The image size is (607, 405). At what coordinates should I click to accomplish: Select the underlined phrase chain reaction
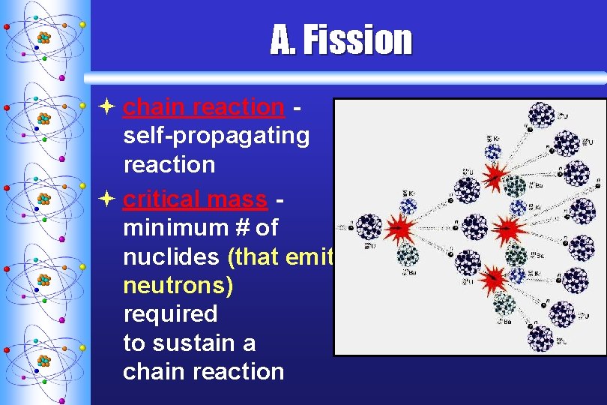(203, 107)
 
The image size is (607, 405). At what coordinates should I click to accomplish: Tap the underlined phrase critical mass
(195, 199)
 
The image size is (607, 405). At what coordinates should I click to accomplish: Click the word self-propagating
(216, 136)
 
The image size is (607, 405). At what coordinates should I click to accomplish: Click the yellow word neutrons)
(178, 285)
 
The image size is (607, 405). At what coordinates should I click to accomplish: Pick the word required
(170, 313)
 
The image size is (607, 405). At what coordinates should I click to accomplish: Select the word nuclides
(172, 256)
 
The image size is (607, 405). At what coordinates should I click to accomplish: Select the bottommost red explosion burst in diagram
(494, 280)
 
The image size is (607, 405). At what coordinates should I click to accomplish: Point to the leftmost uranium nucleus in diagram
(368, 226)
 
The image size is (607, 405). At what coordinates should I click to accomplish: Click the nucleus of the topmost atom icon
(44, 37)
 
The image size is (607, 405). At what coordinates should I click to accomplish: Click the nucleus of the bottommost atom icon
(44, 360)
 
